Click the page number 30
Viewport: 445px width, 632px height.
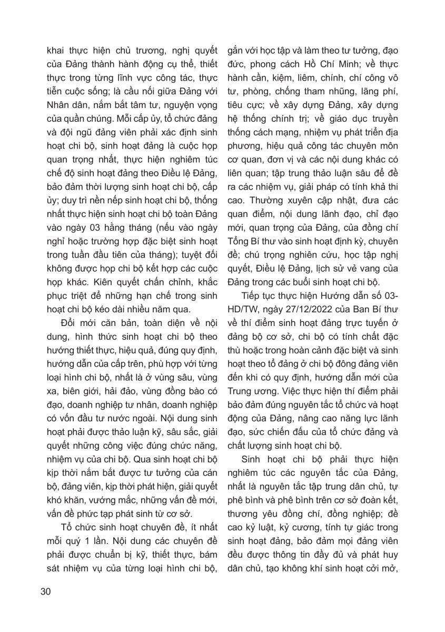tap(45, 591)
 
